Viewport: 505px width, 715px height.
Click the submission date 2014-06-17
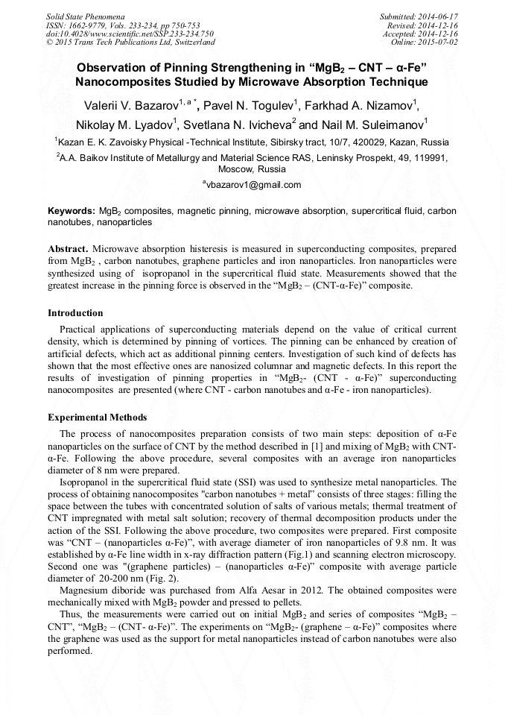click(440, 16)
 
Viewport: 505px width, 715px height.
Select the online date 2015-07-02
click(440, 42)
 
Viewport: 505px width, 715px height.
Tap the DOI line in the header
click(130, 34)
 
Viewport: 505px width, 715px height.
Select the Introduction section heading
click(75, 312)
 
